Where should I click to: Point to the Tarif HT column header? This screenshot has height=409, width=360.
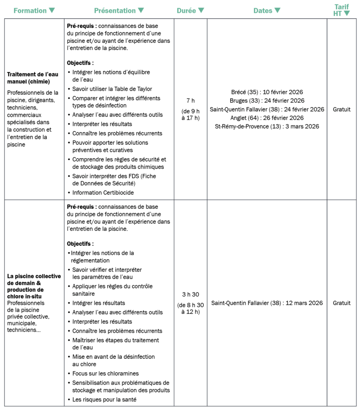(342, 10)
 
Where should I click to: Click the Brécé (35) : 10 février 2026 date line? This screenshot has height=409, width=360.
(267, 92)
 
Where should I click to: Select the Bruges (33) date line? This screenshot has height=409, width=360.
(267, 101)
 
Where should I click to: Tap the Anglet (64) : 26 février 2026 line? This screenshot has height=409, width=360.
(267, 118)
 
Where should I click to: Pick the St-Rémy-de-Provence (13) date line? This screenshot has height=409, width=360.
(267, 127)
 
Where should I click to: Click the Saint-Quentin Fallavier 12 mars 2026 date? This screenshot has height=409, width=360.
(267, 303)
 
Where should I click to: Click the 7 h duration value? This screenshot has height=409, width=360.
(191, 101)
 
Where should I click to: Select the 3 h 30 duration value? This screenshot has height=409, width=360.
(191, 294)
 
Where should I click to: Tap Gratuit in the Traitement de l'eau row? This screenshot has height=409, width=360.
(342, 109)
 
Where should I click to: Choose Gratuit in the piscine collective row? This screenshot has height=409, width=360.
(342, 303)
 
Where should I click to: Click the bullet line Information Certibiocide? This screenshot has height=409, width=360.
(103, 193)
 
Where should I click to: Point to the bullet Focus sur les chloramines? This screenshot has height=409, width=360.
(105, 373)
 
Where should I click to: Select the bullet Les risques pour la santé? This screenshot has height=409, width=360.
(104, 399)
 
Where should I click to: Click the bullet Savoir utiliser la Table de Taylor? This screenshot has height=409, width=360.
(112, 89)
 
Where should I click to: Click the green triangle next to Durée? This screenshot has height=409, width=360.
(201, 10)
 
